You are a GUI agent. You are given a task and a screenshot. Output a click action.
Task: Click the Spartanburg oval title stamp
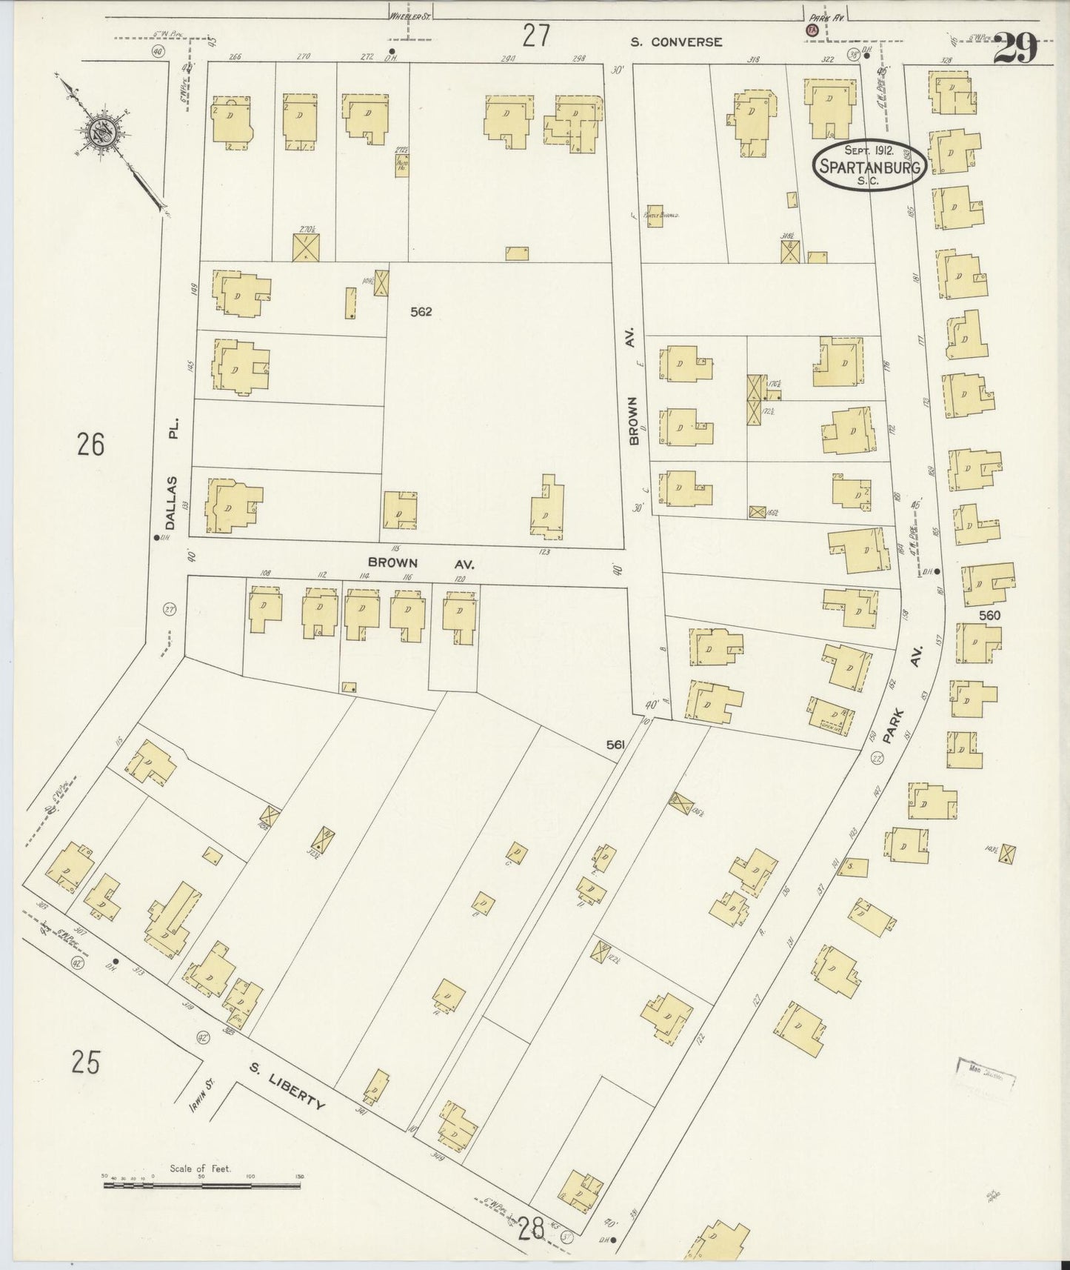click(869, 164)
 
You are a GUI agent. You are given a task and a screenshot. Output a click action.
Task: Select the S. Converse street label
click(675, 42)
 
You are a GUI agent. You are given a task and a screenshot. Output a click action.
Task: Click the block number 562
click(421, 312)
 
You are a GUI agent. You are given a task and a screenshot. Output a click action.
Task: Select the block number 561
click(615, 745)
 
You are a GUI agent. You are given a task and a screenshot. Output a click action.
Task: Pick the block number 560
click(989, 615)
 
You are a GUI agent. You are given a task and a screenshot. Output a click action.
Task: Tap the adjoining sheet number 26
click(90, 445)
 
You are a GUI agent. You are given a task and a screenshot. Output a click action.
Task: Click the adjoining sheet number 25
click(86, 1062)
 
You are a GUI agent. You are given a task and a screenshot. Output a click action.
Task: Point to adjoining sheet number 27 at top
click(535, 36)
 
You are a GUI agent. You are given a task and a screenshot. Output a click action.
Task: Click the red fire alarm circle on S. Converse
click(811, 31)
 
